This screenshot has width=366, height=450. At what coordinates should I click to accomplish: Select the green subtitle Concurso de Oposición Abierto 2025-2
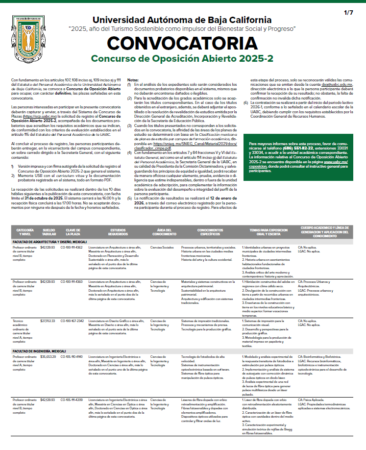pos(182,59)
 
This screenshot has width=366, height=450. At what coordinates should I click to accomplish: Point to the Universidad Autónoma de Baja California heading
pos(182,20)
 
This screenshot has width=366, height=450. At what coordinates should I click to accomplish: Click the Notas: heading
pos(133,80)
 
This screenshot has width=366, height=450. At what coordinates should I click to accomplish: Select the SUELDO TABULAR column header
pos(49,232)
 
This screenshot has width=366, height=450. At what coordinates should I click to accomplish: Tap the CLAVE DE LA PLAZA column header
pos(73,232)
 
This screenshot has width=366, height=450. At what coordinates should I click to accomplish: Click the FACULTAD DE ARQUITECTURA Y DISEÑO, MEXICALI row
pos(49,242)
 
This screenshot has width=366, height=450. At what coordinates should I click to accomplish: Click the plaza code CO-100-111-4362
pos(72,248)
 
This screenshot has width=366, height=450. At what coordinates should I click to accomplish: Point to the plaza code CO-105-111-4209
pos(72,400)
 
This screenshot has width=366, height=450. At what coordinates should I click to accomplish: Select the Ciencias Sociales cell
pos(162,248)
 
